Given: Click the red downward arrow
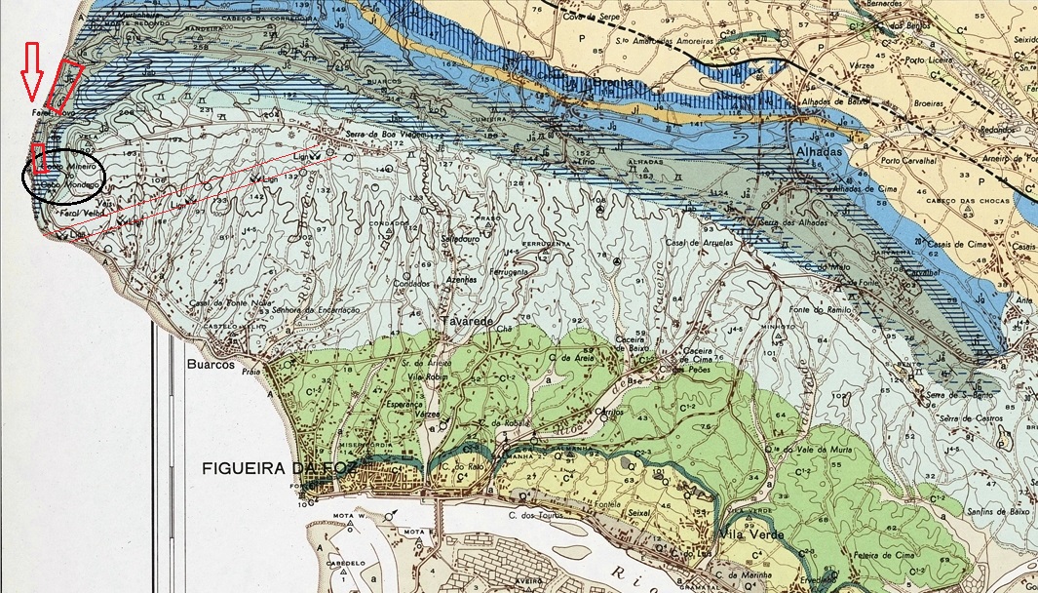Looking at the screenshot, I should [31, 73].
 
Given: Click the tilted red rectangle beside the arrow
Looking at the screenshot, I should [64, 85].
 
